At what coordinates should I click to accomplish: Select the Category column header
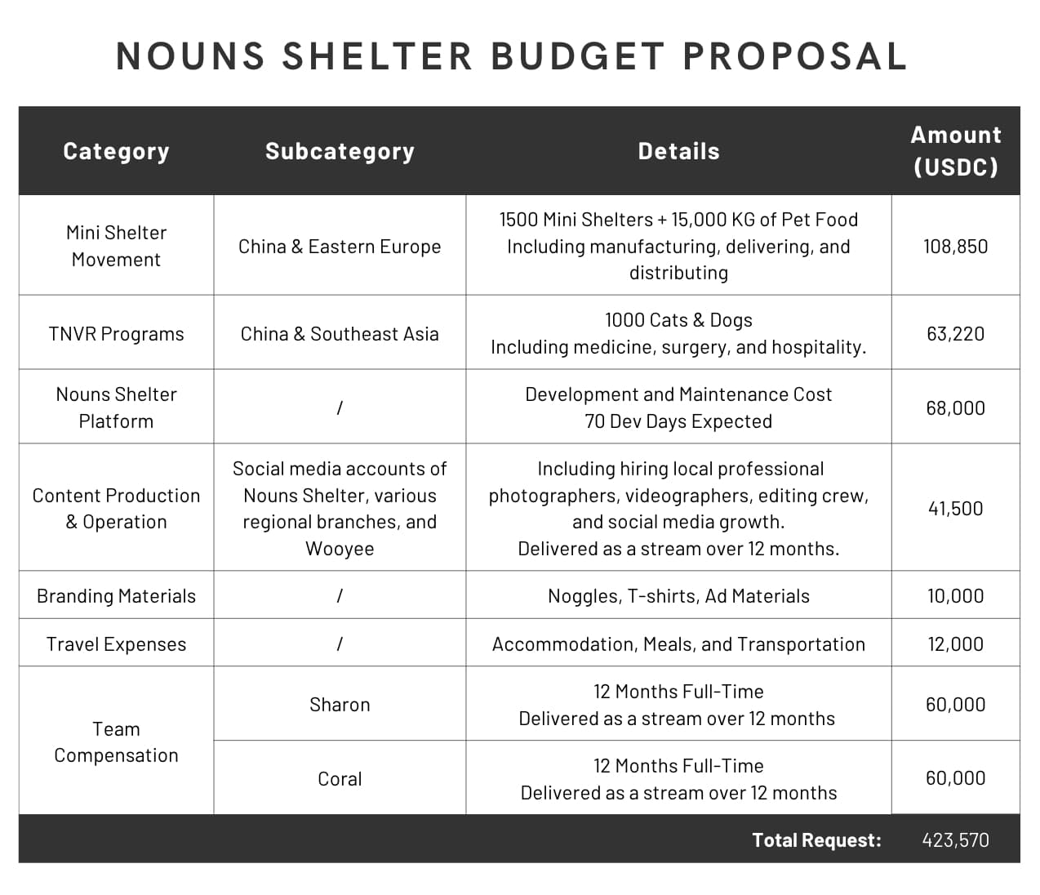[116, 151]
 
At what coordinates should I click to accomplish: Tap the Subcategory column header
[340, 151]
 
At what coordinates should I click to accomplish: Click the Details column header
[678, 151]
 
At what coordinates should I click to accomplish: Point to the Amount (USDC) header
[955, 151]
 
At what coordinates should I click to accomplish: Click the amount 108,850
[955, 247]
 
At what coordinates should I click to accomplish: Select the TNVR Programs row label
[116, 334]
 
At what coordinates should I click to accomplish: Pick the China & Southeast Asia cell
[340, 334]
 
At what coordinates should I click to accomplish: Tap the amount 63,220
[955, 334]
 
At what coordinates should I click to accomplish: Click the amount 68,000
[955, 408]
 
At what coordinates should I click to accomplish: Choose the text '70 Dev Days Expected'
[678, 421]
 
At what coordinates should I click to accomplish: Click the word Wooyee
[340, 549]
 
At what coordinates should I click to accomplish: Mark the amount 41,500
[955, 509]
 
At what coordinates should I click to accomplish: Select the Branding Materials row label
[116, 596]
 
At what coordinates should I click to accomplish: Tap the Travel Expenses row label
[116, 644]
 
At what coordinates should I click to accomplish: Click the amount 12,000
[955, 644]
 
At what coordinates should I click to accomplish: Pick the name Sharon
[340, 705]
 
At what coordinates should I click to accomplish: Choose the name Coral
[340, 779]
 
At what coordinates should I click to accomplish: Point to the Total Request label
[816, 840]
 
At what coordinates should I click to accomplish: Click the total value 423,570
[955, 840]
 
